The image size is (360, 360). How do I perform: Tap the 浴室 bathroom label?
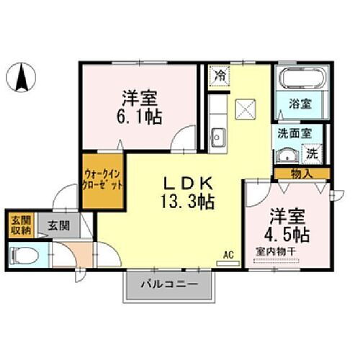point(301,103)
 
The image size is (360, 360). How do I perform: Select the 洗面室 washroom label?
point(291,134)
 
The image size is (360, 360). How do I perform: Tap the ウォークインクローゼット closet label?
point(99,181)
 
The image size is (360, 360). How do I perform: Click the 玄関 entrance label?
point(59,226)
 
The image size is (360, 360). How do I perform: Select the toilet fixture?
point(24,253)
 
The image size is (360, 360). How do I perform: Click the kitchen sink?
point(217,135)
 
